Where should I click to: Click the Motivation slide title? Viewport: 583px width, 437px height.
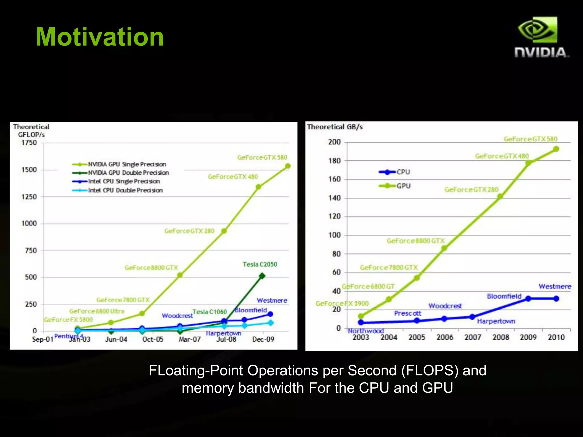click(x=99, y=37)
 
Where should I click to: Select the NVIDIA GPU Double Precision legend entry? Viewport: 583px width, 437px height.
click(x=128, y=173)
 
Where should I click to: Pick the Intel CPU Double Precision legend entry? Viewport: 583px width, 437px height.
click(x=125, y=190)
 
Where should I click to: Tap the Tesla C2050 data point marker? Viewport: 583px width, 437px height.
click(x=262, y=276)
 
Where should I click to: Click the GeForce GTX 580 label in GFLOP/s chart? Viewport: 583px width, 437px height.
click(x=262, y=157)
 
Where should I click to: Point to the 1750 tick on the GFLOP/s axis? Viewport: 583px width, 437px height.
click(x=29, y=143)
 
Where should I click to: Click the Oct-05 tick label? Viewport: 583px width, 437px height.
click(x=153, y=339)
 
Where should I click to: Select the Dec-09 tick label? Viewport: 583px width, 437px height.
click(x=263, y=339)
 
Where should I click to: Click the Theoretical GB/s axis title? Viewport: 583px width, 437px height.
click(x=335, y=127)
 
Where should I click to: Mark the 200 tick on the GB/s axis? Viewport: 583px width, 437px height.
click(x=334, y=142)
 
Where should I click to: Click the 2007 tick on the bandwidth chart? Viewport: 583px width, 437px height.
click(x=473, y=337)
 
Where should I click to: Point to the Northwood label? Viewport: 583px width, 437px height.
click(x=366, y=331)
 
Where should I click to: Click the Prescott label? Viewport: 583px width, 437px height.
click(x=407, y=313)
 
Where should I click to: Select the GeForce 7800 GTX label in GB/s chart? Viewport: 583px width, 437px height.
click(x=389, y=267)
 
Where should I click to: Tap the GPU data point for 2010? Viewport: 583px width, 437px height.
click(x=556, y=149)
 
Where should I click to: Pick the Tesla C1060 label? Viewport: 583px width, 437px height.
click(x=210, y=312)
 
